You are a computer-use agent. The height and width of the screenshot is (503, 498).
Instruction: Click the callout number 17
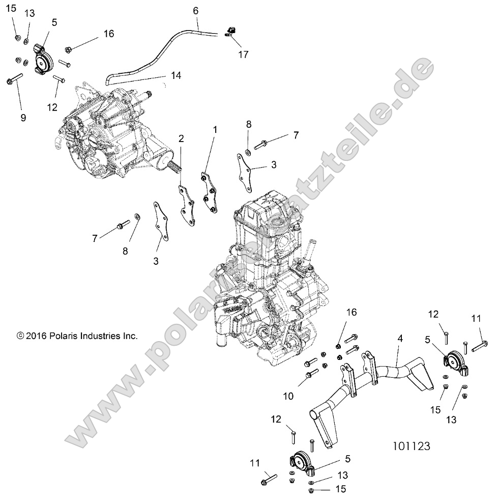pyautogui.click(x=243, y=54)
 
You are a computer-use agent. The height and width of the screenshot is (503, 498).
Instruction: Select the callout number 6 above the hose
pyautogui.click(x=196, y=10)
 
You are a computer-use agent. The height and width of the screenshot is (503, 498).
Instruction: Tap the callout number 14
pyautogui.click(x=175, y=75)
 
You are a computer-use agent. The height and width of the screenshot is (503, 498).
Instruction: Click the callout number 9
pyautogui.click(x=23, y=117)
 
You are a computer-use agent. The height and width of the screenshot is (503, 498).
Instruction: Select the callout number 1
pyautogui.click(x=214, y=130)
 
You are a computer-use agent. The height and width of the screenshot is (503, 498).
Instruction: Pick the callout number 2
pyautogui.click(x=181, y=138)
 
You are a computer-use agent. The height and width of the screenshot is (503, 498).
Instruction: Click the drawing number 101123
pyautogui.click(x=412, y=446)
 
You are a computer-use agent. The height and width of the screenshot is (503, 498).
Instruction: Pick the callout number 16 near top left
pyautogui.click(x=108, y=34)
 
